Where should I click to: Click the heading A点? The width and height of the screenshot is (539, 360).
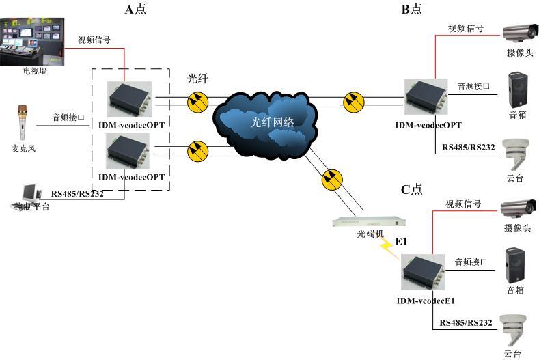(x=135, y=9)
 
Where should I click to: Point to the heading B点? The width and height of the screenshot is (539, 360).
(x=411, y=9)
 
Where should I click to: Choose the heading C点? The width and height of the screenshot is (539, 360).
(x=411, y=189)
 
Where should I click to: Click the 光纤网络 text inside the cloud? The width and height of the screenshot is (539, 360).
(x=272, y=122)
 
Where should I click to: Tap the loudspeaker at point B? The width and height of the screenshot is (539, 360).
(x=517, y=90)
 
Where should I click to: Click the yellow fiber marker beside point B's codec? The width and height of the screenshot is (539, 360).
(x=353, y=101)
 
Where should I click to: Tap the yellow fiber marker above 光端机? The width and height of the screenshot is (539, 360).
(x=330, y=180)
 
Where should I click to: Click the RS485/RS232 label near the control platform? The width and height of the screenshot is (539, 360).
(x=77, y=193)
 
